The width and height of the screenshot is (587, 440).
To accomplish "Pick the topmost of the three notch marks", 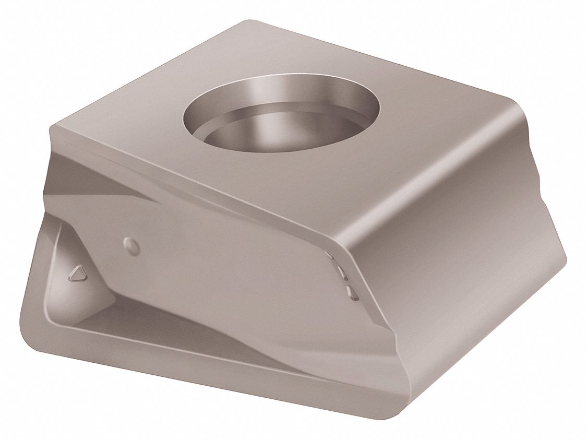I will (330, 255).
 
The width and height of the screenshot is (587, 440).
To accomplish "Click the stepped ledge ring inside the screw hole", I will (235, 125).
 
